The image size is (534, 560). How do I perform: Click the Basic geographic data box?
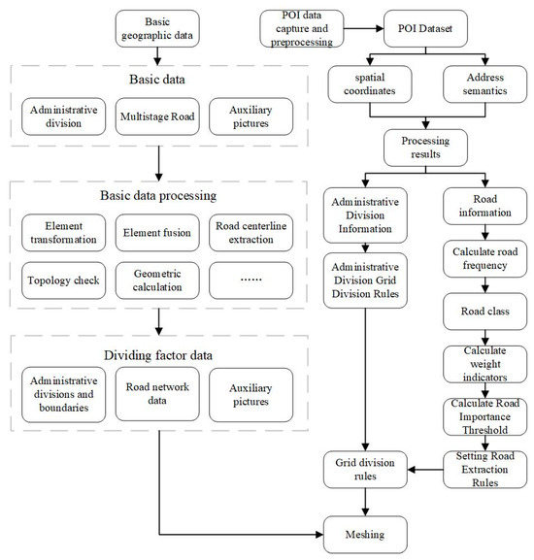click(157, 28)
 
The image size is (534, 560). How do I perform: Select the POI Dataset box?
click(425, 28)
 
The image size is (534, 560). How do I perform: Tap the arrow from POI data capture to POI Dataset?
click(364, 28)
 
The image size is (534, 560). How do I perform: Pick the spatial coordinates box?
click(370, 84)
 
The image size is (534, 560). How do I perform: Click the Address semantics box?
click(484, 84)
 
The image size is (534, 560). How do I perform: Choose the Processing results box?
click(425, 148)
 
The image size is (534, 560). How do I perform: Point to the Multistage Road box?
click(157, 116)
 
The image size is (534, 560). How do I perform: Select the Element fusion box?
click(157, 233)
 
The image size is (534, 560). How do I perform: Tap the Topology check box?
click(63, 280)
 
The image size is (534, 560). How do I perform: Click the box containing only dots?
click(250, 280)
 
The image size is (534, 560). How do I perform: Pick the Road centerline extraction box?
click(250, 233)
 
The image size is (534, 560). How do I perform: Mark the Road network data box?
click(157, 394)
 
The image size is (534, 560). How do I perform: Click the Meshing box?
click(365, 535)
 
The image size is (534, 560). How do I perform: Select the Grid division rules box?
click(365, 470)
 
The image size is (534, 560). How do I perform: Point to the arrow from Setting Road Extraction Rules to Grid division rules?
click(425, 470)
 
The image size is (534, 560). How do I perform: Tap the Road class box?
click(484, 312)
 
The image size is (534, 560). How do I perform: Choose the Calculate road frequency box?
click(484, 258)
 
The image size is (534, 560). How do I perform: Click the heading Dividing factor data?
click(158, 355)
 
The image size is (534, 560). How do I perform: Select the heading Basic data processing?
click(158, 196)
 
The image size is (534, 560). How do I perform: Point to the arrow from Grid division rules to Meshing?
click(365, 502)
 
